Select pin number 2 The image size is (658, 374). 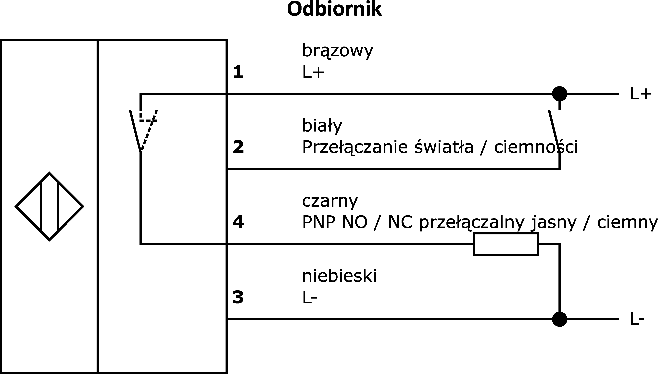point(238,147)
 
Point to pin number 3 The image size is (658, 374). point(238,297)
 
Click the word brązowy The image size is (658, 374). point(338,51)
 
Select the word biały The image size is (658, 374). point(322,126)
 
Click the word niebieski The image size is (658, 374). point(339,276)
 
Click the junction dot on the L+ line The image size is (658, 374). point(560,94)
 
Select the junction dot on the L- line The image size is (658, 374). point(560,319)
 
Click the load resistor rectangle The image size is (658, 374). point(506,244)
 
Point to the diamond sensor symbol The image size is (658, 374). point(49,206)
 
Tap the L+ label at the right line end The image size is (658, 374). point(641,94)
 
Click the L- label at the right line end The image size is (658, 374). point(637,319)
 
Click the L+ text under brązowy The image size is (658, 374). point(313,72)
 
